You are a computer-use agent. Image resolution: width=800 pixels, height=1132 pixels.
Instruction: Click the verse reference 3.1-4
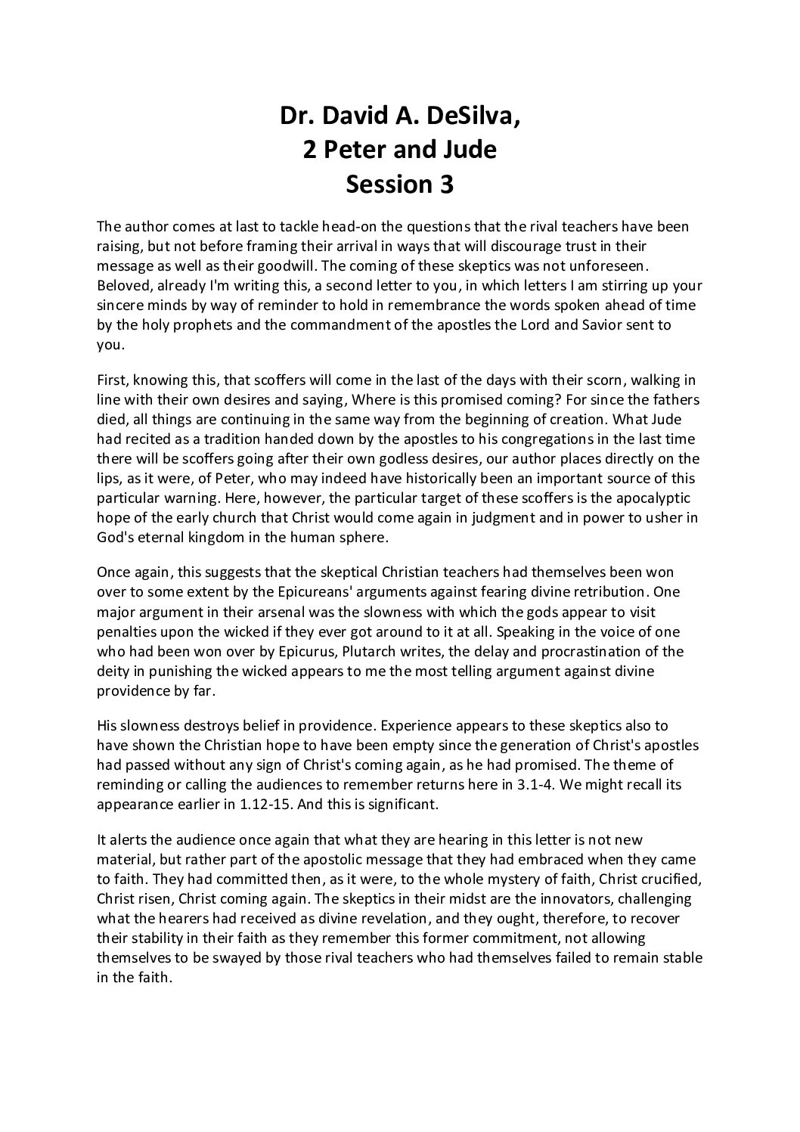click(517, 784)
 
